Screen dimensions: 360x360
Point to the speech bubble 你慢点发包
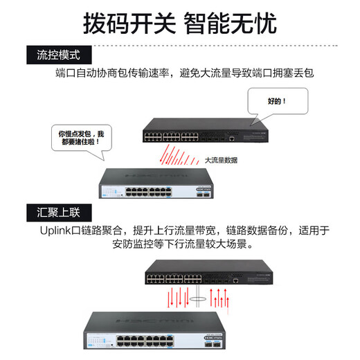coord(82,136)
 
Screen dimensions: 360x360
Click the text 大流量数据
coord(220,160)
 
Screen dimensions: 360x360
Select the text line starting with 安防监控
coord(180,244)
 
